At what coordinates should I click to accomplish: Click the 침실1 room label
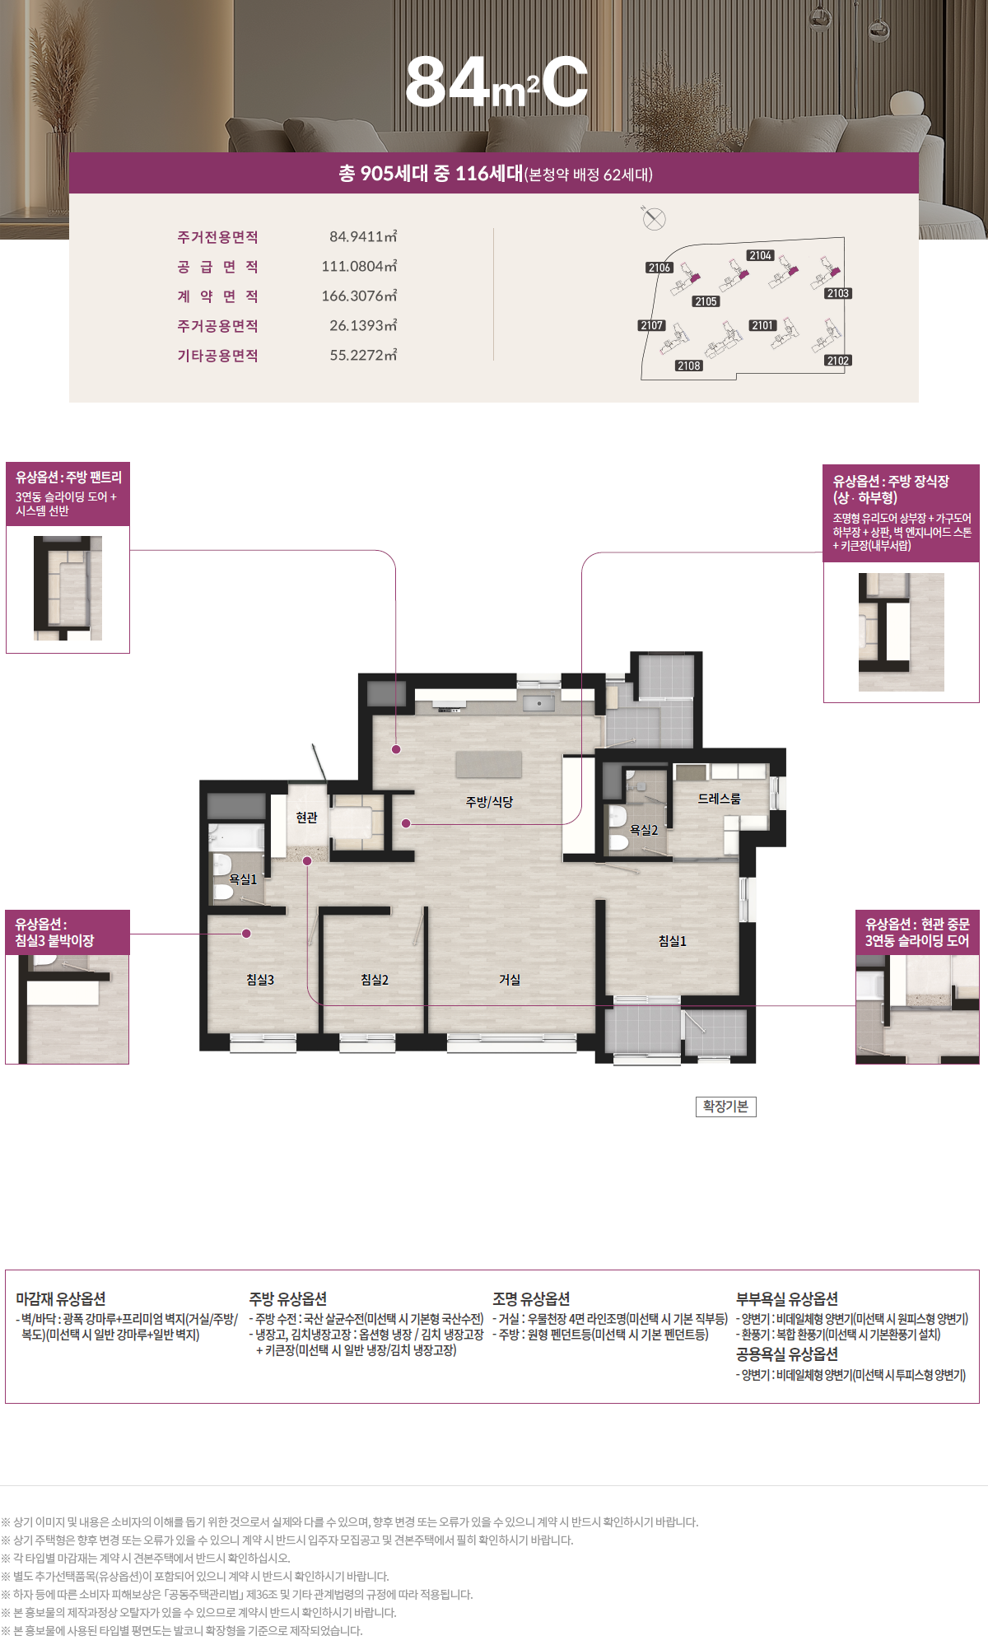coord(672,941)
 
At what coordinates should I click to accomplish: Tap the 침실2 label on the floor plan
coord(375,980)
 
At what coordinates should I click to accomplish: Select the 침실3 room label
coord(260,980)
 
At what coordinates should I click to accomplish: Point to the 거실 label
coord(510,980)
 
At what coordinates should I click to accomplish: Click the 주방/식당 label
coord(489,802)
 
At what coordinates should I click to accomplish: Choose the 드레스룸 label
coord(720,799)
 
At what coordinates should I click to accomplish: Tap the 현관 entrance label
coord(306,818)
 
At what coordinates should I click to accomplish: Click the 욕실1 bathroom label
coord(243,879)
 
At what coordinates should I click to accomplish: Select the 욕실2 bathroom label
coord(644,830)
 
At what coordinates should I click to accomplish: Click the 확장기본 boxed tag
coord(725,1107)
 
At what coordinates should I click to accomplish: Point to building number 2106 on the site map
coord(659,268)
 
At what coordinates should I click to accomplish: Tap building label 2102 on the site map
coord(838,361)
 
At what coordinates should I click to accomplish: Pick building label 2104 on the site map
coord(760,255)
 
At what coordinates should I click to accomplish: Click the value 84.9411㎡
coord(363,237)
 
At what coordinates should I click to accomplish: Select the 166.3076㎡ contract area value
coord(359,296)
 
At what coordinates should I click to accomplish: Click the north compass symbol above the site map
coord(654,218)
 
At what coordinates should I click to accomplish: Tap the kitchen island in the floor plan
coord(489,764)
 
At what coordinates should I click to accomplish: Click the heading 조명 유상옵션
coord(531,1299)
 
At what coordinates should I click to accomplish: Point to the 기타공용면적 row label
coord(218,356)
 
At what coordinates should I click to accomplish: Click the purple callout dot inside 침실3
coord(246,934)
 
